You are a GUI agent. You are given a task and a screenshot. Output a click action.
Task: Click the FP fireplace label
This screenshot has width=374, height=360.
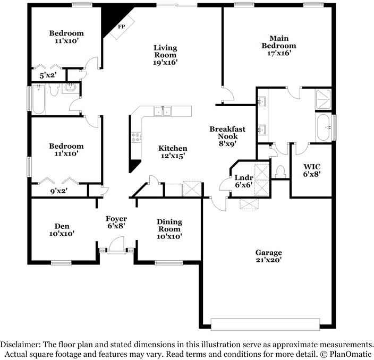(x=122, y=26)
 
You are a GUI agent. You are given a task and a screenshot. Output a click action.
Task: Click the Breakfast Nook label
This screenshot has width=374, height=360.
(x=227, y=135)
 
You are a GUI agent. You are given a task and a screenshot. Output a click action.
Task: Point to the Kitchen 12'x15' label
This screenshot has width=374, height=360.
(x=173, y=152)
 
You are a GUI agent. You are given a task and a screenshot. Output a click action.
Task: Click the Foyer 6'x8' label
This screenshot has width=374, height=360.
(x=116, y=222)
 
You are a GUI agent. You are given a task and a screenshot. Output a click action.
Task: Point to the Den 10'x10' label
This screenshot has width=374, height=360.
(x=62, y=229)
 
